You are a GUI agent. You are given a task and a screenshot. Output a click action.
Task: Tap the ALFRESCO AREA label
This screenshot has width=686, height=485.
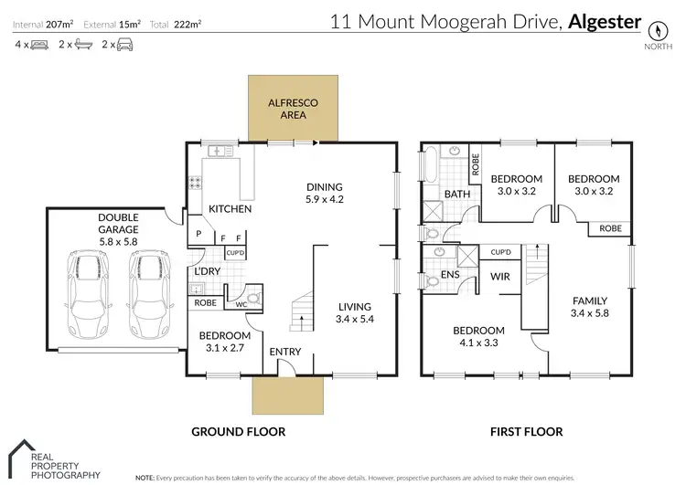[x=293, y=110]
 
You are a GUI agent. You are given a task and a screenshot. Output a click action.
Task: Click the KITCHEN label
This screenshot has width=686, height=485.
[x=230, y=209]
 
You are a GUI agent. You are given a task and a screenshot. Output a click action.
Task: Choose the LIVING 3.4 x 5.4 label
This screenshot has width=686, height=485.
[x=355, y=313]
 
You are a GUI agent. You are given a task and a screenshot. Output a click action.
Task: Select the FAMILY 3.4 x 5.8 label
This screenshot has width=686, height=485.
[x=589, y=307]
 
